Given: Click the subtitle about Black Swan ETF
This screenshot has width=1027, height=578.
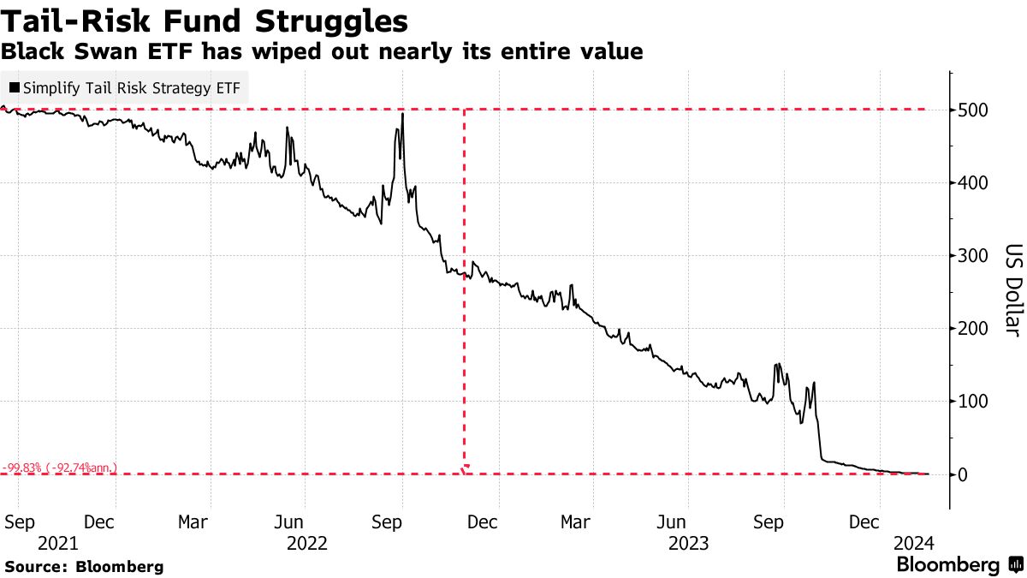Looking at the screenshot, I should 322,51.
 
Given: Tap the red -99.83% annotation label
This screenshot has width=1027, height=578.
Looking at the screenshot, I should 59,468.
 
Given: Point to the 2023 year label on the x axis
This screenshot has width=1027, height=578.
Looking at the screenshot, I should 689,543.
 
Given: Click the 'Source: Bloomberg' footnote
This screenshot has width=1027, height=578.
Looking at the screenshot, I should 84,566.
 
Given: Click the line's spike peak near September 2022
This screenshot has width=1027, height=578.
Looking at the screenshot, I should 402,114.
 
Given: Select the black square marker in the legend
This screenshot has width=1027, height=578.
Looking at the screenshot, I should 15,87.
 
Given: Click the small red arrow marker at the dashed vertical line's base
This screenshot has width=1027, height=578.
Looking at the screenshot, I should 465,468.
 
